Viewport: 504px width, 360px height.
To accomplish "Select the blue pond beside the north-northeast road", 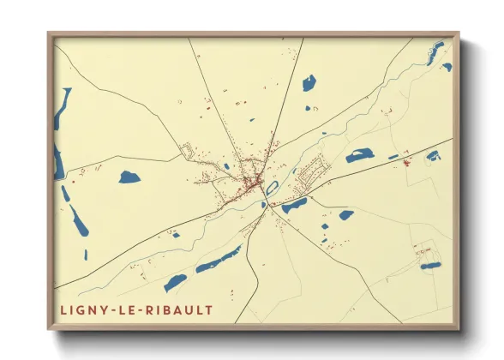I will tap(309, 83).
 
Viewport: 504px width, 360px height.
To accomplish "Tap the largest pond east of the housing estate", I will tap(360, 155).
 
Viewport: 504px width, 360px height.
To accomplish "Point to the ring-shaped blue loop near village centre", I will tap(272, 188).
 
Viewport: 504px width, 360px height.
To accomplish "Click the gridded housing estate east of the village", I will tap(309, 170).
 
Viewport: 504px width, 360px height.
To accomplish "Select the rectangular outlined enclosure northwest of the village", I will tap(188, 152).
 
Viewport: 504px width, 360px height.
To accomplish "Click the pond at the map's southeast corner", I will tap(430, 266).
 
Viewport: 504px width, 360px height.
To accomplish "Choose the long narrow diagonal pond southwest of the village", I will tap(219, 258).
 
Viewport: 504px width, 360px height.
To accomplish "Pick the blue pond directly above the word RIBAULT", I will tap(175, 282).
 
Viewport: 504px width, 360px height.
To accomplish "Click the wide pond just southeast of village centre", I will tap(294, 205).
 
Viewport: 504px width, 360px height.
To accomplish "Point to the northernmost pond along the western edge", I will tap(63, 108).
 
